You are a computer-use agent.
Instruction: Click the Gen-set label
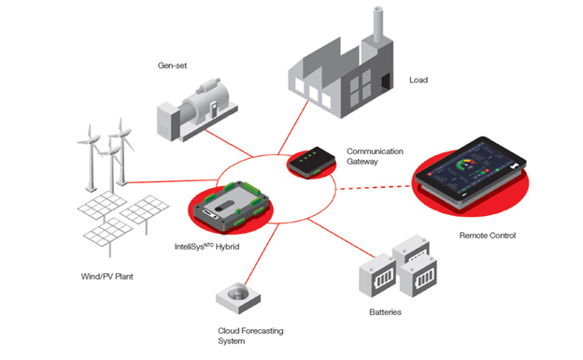pyautogui.click(x=172, y=65)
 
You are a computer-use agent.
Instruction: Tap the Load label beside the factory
pyautogui.click(x=419, y=80)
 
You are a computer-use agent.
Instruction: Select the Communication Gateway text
pyautogui.click(x=375, y=156)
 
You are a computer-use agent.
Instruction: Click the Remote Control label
pyautogui.click(x=488, y=236)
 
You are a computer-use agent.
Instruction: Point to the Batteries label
pyautogui.click(x=385, y=312)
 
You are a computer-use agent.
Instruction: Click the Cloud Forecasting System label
pyautogui.click(x=250, y=336)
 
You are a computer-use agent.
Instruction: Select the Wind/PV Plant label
pyautogui.click(x=107, y=276)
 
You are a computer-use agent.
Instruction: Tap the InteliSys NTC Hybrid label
pyautogui.click(x=206, y=247)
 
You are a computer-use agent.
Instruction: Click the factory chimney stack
pyautogui.click(x=378, y=24)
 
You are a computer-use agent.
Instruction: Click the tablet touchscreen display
pyautogui.click(x=470, y=170)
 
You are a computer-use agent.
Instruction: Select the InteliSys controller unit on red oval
pyautogui.click(x=232, y=207)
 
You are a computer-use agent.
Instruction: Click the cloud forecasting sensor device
pyautogui.click(x=238, y=297)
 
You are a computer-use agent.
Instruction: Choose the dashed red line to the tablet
pyautogui.click(x=376, y=188)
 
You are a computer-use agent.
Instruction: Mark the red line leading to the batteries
pyautogui.click(x=341, y=238)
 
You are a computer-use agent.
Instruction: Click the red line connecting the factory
pyautogui.click(x=293, y=128)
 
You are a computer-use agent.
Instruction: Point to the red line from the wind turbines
pyautogui.click(x=172, y=181)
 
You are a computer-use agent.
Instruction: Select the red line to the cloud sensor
pyautogui.click(x=262, y=254)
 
